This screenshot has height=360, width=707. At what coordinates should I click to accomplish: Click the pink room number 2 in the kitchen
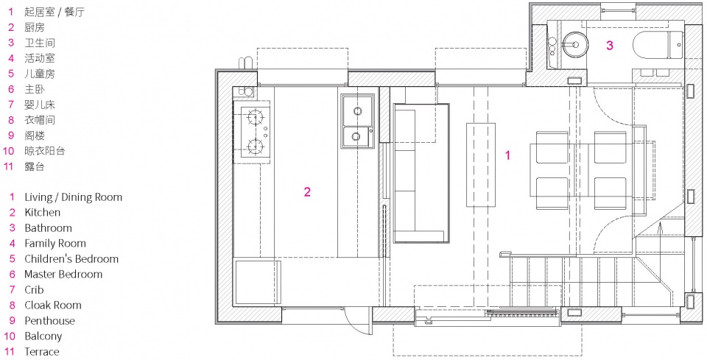coord(307,192)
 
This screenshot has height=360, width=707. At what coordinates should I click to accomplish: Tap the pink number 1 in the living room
coord(507,155)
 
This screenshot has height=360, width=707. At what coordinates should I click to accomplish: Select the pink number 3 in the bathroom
coord(610,45)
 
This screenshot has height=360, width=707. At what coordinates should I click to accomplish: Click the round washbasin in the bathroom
coord(575,44)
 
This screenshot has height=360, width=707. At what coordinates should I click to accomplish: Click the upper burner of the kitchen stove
coord(256,118)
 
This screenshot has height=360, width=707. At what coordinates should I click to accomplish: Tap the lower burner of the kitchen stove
coord(256,146)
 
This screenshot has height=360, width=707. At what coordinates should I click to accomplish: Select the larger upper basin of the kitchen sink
coord(358,111)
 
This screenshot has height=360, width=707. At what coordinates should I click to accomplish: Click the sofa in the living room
coord(421,174)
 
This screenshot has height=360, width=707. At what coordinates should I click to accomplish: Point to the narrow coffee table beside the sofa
coord(481,165)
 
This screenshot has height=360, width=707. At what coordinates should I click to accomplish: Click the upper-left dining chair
coord(552,147)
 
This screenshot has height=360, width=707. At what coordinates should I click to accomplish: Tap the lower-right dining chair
coord(610,194)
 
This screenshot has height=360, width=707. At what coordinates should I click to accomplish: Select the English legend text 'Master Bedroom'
coord(63,275)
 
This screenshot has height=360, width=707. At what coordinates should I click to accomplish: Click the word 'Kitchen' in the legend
coord(43,213)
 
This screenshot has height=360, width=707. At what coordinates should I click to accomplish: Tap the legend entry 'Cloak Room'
coord(53,305)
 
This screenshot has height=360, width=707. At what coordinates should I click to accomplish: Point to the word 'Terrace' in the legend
coord(42,351)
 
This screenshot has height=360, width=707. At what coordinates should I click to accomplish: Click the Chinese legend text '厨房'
coord(35,27)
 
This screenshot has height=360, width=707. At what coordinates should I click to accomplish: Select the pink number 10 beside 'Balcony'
coord(10,336)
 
